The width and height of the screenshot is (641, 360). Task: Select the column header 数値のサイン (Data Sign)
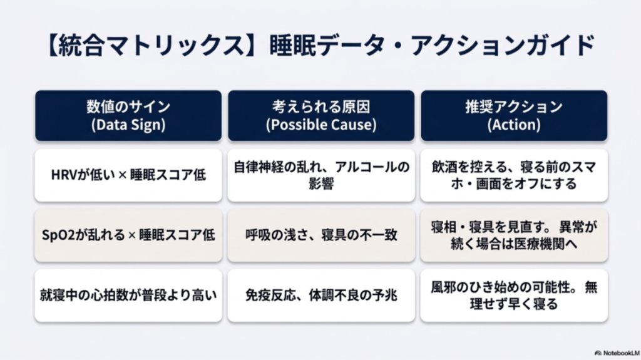pos(128,115)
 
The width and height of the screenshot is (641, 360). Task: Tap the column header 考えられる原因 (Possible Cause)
pos(321,115)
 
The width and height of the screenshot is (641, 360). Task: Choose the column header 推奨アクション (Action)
pos(514,115)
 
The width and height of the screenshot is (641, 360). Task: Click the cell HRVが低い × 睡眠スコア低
pos(128,175)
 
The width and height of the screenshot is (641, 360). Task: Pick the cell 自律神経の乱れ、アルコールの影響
pos(321,175)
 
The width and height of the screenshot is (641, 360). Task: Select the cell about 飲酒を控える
pos(514,175)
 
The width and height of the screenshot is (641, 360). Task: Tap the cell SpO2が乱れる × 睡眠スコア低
pos(128,235)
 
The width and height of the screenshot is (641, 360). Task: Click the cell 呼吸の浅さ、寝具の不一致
pos(321,235)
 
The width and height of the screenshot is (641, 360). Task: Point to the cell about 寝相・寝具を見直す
pos(514,235)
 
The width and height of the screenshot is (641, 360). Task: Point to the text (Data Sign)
pos(128,125)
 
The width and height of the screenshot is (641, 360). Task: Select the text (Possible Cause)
pos(321,125)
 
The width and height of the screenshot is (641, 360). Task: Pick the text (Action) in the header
pos(514,125)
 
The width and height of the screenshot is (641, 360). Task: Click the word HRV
pos(63,175)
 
